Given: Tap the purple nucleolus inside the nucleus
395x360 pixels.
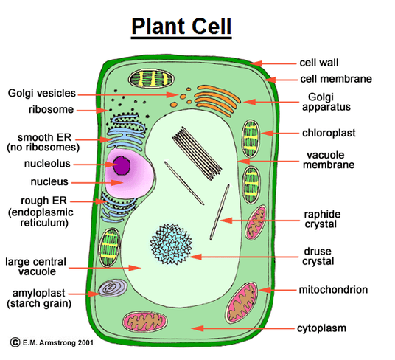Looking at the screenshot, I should (120, 165).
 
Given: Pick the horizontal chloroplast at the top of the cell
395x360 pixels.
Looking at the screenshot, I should (150, 78).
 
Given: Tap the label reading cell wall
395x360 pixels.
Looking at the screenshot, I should (319, 63).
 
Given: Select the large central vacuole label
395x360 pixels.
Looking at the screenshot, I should (35, 266).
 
